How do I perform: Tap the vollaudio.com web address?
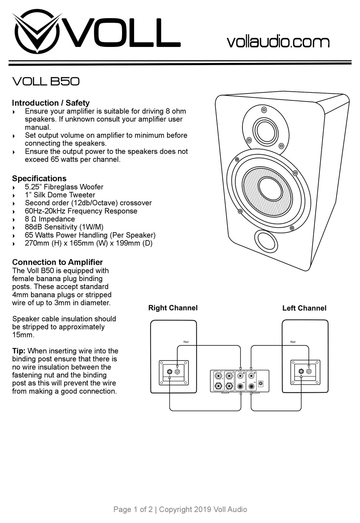click(278, 42)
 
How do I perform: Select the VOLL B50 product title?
click(46, 81)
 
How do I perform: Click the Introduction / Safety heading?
click(51, 103)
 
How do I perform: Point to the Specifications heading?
click(39, 178)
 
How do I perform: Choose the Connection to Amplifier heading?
click(57, 262)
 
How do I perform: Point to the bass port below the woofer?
click(267, 240)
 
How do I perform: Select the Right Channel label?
click(173, 308)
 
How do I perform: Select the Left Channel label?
click(304, 308)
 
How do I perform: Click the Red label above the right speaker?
click(186, 342)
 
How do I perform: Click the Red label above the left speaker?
click(293, 342)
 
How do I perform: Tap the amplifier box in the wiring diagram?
click(239, 381)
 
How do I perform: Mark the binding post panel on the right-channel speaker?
click(174, 373)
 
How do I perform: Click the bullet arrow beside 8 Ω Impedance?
click(14, 220)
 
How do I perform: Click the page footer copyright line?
click(180, 509)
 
